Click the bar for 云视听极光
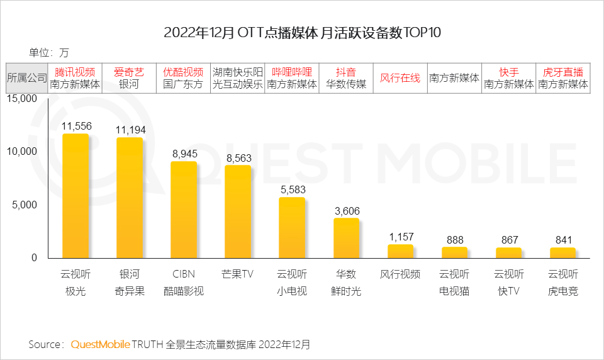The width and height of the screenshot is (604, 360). click(x=75, y=196)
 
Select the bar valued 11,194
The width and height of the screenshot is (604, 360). click(x=130, y=198)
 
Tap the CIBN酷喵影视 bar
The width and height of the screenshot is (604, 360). click(x=184, y=210)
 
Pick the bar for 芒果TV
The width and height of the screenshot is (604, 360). click(x=238, y=211)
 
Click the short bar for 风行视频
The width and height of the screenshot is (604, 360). click(x=400, y=251)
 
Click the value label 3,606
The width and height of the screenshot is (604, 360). click(x=346, y=210)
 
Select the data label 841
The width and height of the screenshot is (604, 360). click(x=562, y=240)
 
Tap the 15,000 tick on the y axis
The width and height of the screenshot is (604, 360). click(x=23, y=98)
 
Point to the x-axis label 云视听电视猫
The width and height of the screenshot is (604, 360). click(x=454, y=283)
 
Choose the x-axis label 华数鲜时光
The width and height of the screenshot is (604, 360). click(x=346, y=283)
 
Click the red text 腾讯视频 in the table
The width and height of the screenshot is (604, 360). click(x=75, y=72)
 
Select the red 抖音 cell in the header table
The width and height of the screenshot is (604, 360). click(x=346, y=72)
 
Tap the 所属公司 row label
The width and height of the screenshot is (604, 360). click(x=27, y=78)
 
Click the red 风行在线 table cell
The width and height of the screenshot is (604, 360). click(x=400, y=78)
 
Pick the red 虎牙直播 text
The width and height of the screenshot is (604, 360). click(x=562, y=72)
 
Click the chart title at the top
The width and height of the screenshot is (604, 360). click(x=302, y=33)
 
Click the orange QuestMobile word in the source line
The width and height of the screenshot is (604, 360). click(x=100, y=344)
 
